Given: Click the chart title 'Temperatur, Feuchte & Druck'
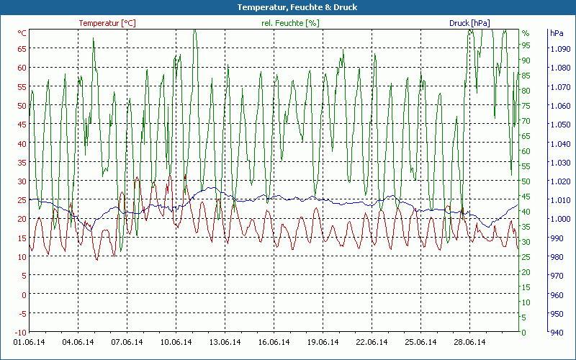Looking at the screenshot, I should tap(287, 7).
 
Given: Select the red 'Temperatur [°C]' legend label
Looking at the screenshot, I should tap(107, 23).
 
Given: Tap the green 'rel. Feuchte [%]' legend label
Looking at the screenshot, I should tap(290, 23).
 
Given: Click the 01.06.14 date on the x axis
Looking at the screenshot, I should tap(30, 342).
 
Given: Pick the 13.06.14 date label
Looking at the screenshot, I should tap(225, 342).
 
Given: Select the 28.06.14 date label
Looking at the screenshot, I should tap(469, 342).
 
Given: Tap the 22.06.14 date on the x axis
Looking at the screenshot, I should tap(372, 342).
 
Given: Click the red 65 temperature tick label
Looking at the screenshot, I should tap(22, 49).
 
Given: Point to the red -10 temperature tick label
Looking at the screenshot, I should tap(20, 332).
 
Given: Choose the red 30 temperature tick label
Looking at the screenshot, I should tap(22, 181).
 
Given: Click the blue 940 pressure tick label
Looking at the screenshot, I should tap(557, 332).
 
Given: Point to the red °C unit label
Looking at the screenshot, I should tap(22, 33).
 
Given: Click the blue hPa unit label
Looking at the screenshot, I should tap(557, 33).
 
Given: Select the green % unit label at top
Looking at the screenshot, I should tap(526, 33).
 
